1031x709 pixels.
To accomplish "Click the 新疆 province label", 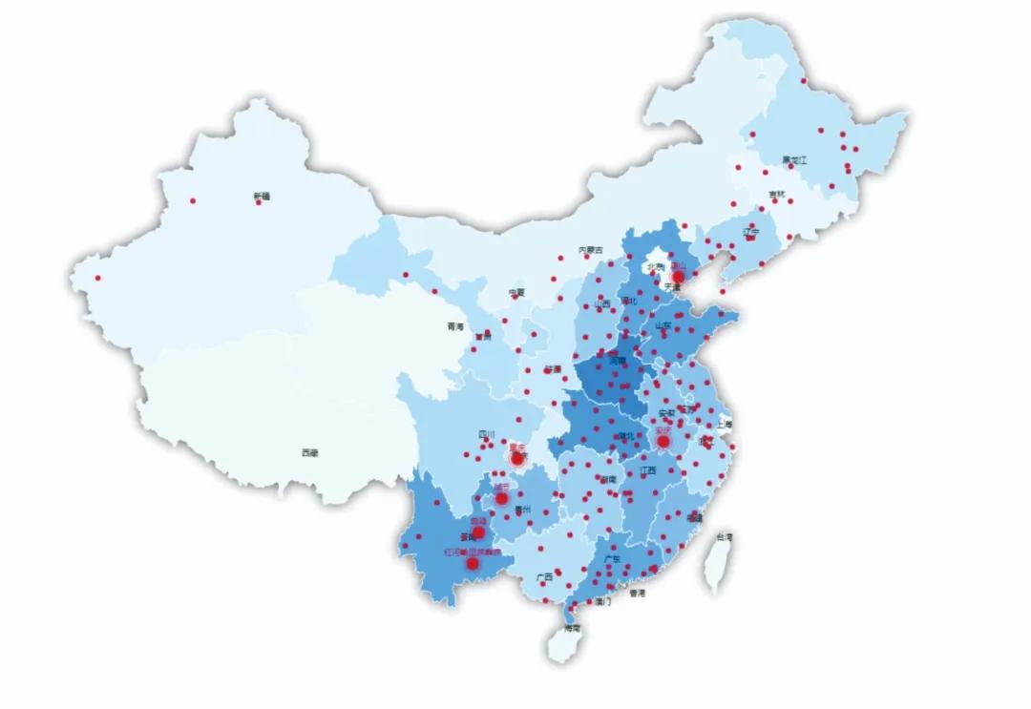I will click(x=262, y=196).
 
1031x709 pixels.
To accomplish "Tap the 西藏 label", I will click(x=309, y=452).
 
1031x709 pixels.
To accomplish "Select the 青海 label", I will click(x=454, y=326).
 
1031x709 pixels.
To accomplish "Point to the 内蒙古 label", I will click(x=591, y=250).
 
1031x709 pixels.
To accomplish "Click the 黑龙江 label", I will click(x=794, y=160).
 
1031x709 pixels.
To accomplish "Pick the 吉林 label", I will click(x=778, y=195).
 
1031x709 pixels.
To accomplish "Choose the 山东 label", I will click(x=663, y=325).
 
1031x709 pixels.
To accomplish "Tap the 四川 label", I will click(x=487, y=436).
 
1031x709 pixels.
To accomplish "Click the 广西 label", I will click(x=544, y=577).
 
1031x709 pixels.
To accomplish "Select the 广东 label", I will click(x=612, y=559).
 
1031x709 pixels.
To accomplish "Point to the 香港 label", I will click(x=637, y=593).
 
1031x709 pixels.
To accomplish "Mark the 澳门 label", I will click(x=602, y=602).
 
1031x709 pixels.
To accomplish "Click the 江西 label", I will click(x=648, y=470).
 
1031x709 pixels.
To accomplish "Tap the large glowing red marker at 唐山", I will click(x=678, y=277).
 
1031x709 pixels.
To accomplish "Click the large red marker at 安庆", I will click(x=663, y=441).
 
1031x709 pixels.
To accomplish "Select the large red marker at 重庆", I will click(x=517, y=459).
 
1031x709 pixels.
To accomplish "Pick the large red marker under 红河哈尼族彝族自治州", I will click(x=472, y=564).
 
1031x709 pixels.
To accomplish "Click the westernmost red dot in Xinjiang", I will click(x=97, y=279).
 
